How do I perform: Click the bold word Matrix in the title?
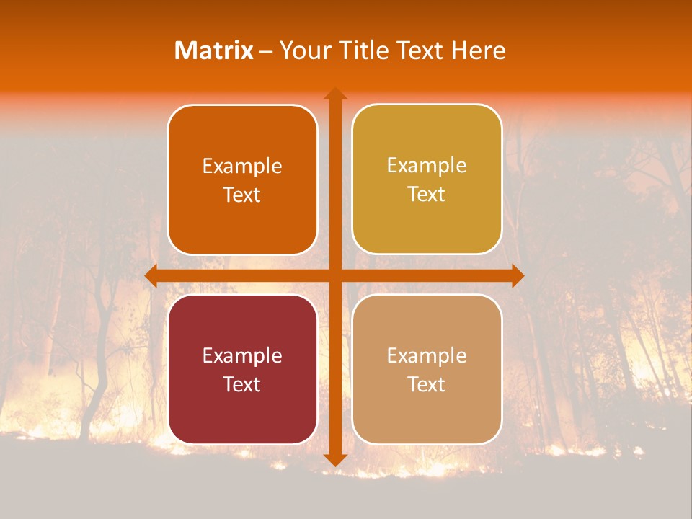click(214, 50)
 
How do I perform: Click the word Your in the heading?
click(301, 50)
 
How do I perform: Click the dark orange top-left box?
click(242, 180)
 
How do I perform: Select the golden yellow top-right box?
click(427, 179)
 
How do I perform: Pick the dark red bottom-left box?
click(242, 369)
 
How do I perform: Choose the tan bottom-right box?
click(427, 369)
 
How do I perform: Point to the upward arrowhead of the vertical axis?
click(335, 94)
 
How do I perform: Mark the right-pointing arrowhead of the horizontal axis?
click(517, 276)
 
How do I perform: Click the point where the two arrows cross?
click(335, 276)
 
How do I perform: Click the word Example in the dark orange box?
click(242, 167)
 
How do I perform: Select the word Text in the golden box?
click(427, 195)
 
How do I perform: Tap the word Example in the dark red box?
click(242, 355)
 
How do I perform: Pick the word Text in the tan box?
click(427, 384)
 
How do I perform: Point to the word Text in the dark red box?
click(242, 384)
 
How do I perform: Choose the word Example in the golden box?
click(427, 166)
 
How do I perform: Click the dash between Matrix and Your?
click(267, 51)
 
